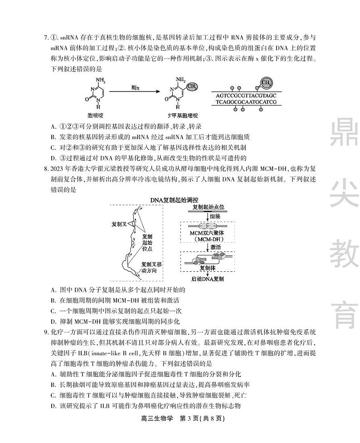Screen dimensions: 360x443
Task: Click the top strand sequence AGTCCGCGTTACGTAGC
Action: (x=246, y=96)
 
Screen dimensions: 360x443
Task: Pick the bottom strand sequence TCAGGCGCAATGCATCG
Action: (x=246, y=102)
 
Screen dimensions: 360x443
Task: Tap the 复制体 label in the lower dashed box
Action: (x=207, y=268)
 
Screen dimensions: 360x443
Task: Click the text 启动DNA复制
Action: (x=207, y=279)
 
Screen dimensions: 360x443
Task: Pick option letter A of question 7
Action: (x=54, y=126)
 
